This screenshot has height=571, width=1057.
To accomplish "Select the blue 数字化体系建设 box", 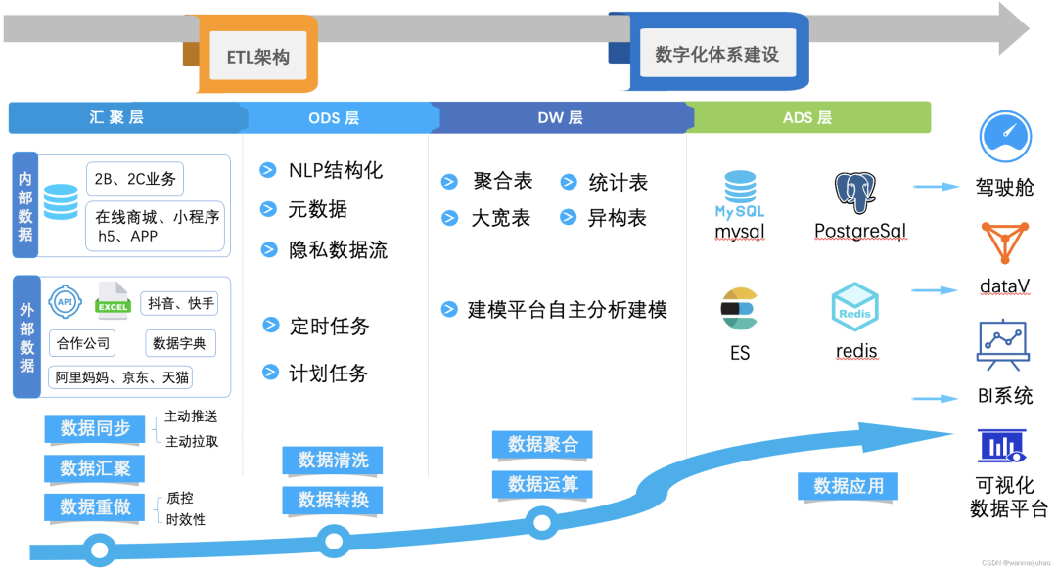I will pyautogui.click(x=716, y=55).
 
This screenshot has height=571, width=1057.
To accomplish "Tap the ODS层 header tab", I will pyautogui.click(x=334, y=118).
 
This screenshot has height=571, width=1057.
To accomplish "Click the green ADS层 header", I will pyautogui.click(x=807, y=118).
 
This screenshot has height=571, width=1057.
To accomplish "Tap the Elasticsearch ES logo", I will pyautogui.click(x=740, y=309).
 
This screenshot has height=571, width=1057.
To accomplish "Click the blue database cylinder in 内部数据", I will pyautogui.click(x=61, y=201).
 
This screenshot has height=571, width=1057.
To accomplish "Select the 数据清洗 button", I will pyautogui.click(x=333, y=460).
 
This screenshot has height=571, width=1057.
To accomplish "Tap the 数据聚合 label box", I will pyautogui.click(x=543, y=444).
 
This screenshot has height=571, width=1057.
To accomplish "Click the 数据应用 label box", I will pyautogui.click(x=849, y=486).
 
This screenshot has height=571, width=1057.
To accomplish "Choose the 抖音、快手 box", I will pyautogui.click(x=181, y=303).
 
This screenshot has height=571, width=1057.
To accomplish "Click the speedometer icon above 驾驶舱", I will pyautogui.click(x=1005, y=137).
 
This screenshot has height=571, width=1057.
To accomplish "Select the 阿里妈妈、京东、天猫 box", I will pyautogui.click(x=122, y=376).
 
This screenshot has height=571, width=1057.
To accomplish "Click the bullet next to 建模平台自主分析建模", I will pyautogui.click(x=449, y=309).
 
